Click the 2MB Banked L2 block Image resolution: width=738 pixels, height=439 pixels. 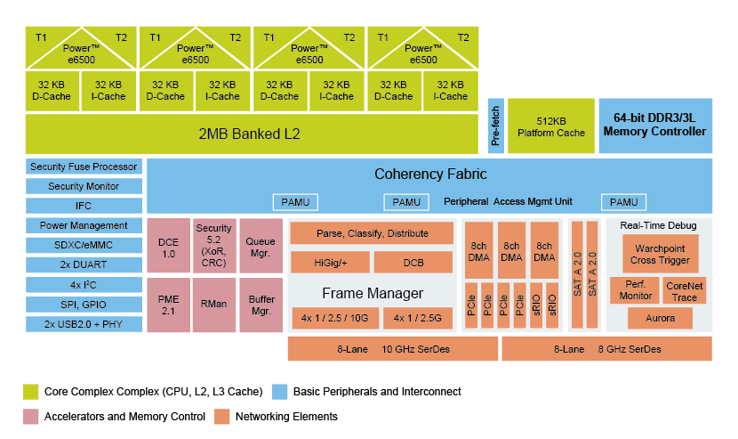[250, 134]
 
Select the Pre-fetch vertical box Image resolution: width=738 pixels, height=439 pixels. [495, 126]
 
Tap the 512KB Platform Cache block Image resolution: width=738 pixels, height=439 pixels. [551, 126]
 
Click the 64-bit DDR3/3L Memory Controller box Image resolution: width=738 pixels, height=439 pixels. [654, 125]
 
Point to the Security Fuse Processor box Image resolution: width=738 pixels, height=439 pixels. [84, 167]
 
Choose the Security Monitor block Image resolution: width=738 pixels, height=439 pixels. [84, 186]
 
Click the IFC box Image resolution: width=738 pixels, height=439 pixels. [84, 206]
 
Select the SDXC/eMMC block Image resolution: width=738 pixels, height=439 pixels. [84, 245]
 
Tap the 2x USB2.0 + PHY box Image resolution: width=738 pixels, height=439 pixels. [84, 323]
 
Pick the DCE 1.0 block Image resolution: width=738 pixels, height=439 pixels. [168, 248]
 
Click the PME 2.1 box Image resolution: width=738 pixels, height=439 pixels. [168, 305]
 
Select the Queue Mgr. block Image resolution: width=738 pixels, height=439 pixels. [261, 246]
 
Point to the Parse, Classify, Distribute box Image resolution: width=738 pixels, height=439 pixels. [372, 233]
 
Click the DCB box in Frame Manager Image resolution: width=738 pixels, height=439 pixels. [413, 263]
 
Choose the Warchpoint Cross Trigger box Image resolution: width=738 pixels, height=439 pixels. [660, 254]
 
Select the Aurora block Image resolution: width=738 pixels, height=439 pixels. [660, 318]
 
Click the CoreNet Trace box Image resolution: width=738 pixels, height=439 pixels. [685, 290]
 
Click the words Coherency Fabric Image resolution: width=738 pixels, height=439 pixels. [430, 175]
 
